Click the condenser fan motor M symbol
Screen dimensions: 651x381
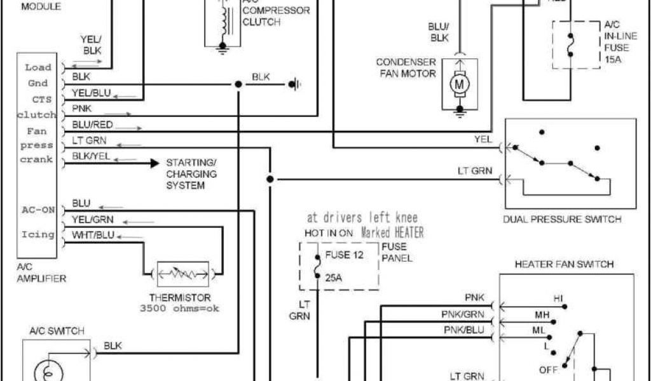tap(458, 83)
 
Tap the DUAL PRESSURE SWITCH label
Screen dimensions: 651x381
tap(562, 220)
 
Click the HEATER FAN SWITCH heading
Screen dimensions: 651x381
tap(565, 264)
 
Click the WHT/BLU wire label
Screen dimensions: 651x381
tap(92, 234)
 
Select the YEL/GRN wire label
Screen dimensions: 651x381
tap(92, 219)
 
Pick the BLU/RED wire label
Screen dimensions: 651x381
tap(93, 124)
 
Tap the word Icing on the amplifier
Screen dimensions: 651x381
tap(38, 234)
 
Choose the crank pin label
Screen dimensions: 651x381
tap(36, 159)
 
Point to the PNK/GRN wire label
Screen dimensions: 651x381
tap(463, 314)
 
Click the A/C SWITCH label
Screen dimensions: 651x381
tap(57, 331)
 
